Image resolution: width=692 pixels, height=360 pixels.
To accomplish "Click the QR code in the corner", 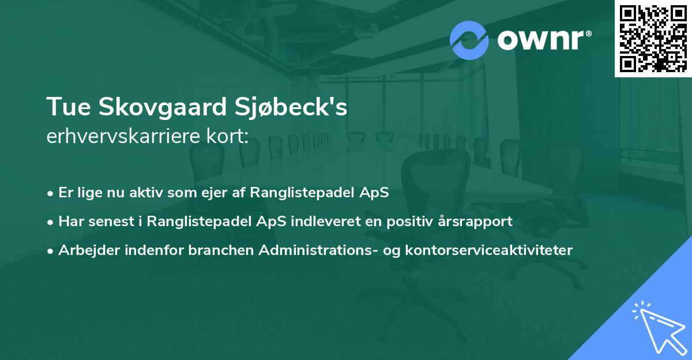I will [653, 38].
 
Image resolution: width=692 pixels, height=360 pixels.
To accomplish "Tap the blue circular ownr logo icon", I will [469, 40].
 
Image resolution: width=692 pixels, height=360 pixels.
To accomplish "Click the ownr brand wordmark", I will [543, 40].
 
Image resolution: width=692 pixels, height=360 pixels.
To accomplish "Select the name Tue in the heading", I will [66, 107].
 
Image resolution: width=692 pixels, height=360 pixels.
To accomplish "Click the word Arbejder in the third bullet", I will [84, 250].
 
